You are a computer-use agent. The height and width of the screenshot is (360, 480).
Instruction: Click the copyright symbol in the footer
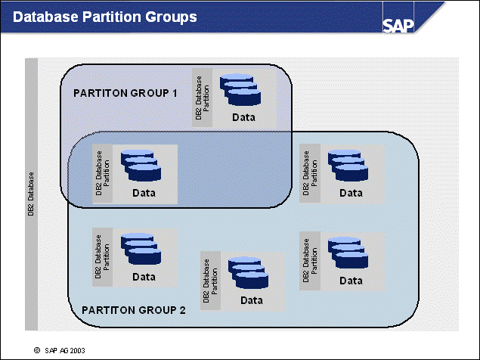37,351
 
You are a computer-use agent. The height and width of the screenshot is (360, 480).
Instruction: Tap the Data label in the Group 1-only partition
243,117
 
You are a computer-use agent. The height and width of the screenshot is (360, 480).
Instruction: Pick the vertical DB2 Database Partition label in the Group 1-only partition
202,95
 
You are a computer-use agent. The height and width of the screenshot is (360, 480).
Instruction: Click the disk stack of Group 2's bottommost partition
248,274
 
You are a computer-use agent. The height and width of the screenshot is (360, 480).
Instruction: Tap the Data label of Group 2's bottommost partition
251,300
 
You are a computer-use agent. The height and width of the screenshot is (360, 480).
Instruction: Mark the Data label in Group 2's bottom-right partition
351,281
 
